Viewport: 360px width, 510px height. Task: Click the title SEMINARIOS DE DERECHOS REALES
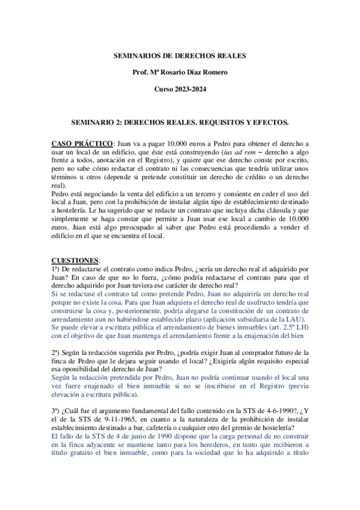click(x=180, y=56)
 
